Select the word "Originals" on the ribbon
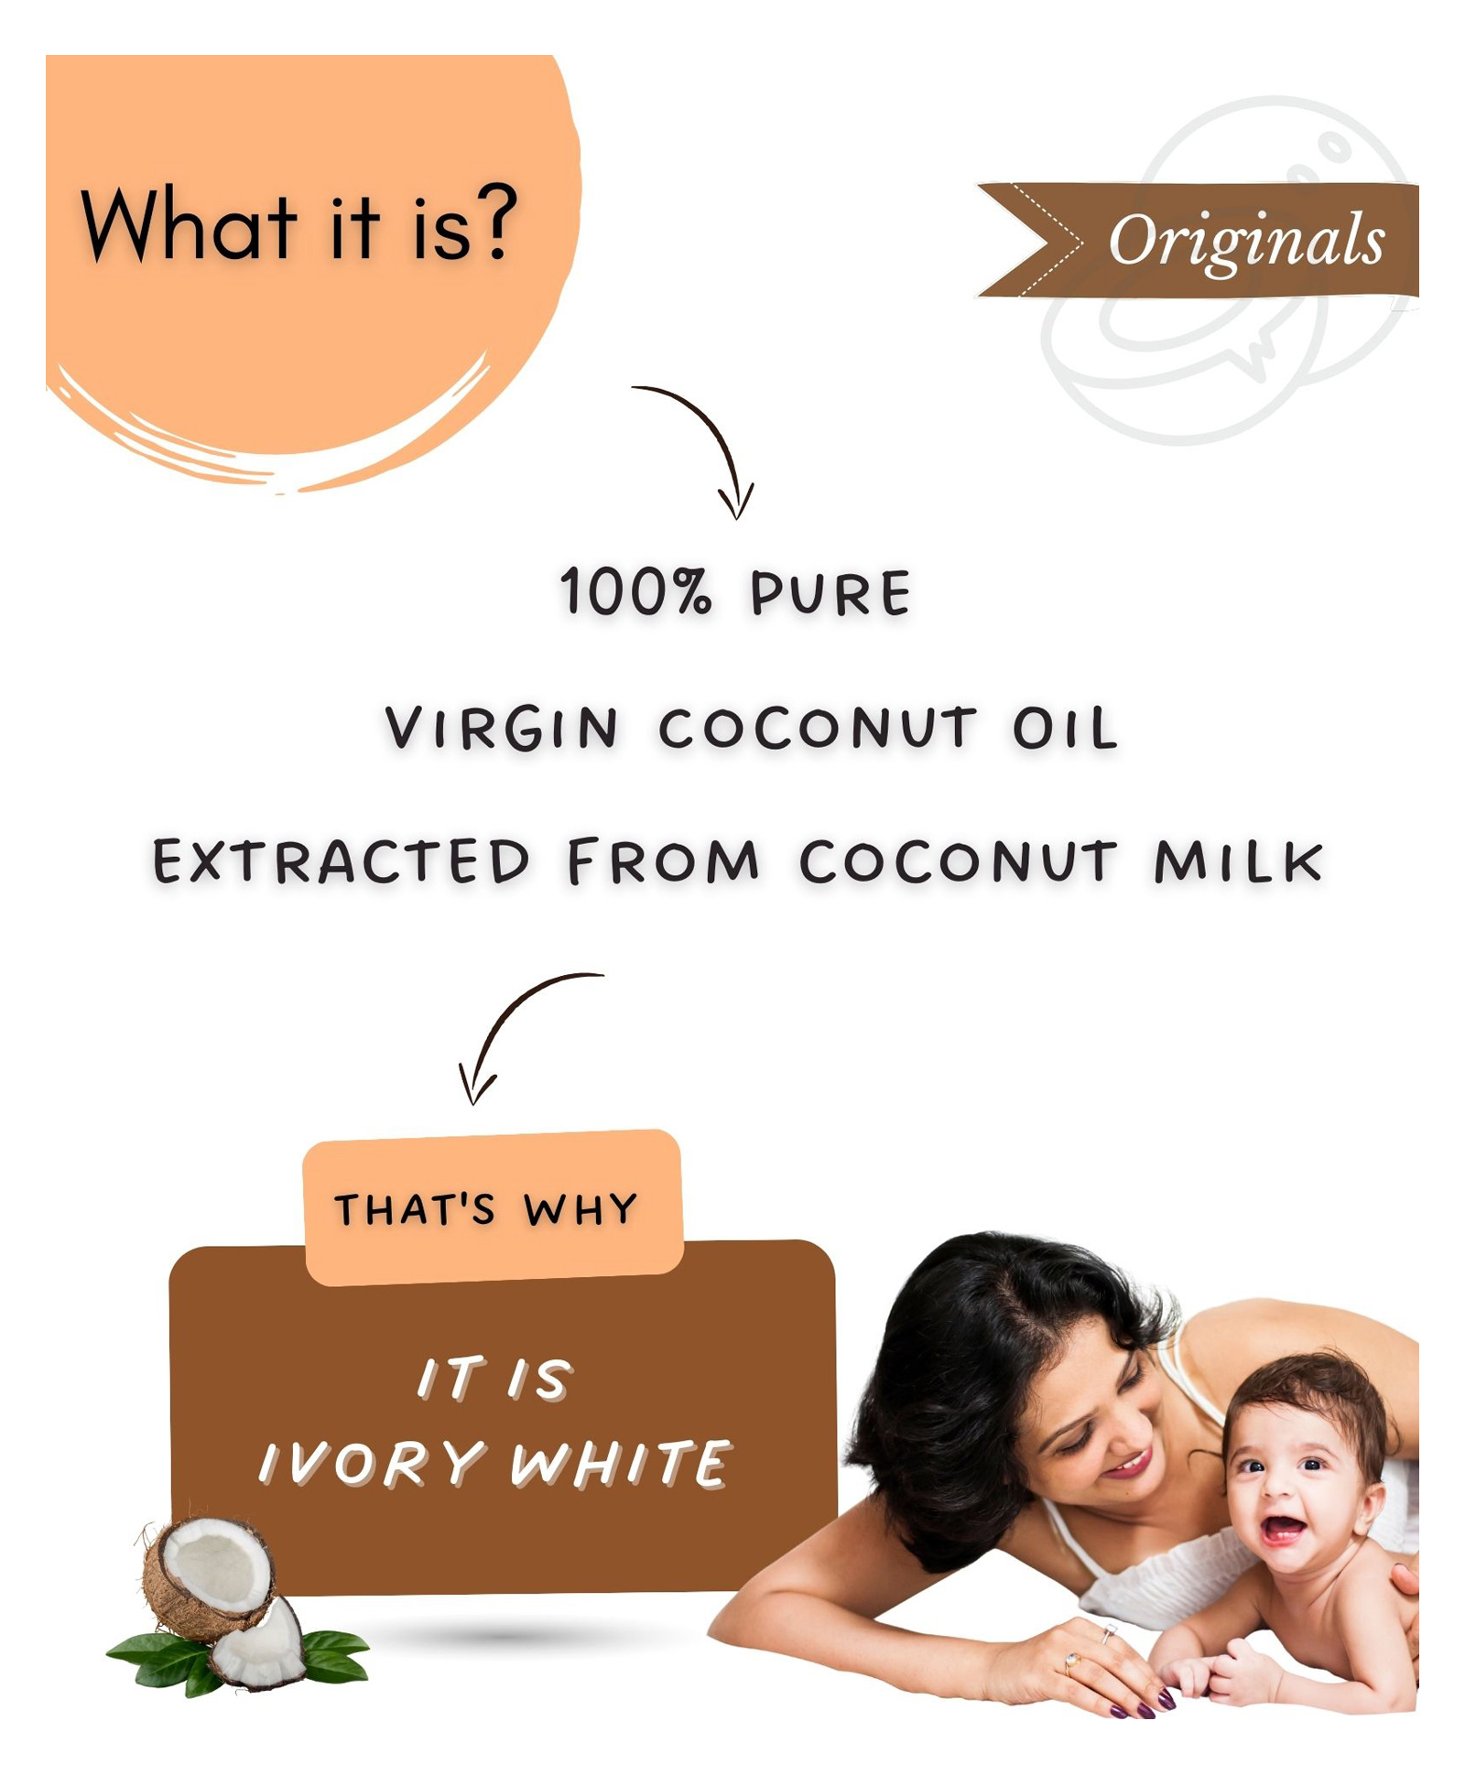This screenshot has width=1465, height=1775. [x=1246, y=242]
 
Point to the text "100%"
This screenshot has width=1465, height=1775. [x=635, y=592]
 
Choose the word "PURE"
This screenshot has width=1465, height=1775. [x=830, y=594]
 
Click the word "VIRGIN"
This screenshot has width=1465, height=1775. [x=502, y=729]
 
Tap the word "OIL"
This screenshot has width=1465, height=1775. [x=1065, y=729]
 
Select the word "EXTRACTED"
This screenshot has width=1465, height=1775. [x=341, y=861]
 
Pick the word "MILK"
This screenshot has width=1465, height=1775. [x=1238, y=862]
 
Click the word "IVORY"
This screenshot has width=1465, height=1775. [x=371, y=1463]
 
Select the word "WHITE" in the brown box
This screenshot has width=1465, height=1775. [x=621, y=1463]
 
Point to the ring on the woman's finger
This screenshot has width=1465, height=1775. [x=1072, y=1658]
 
